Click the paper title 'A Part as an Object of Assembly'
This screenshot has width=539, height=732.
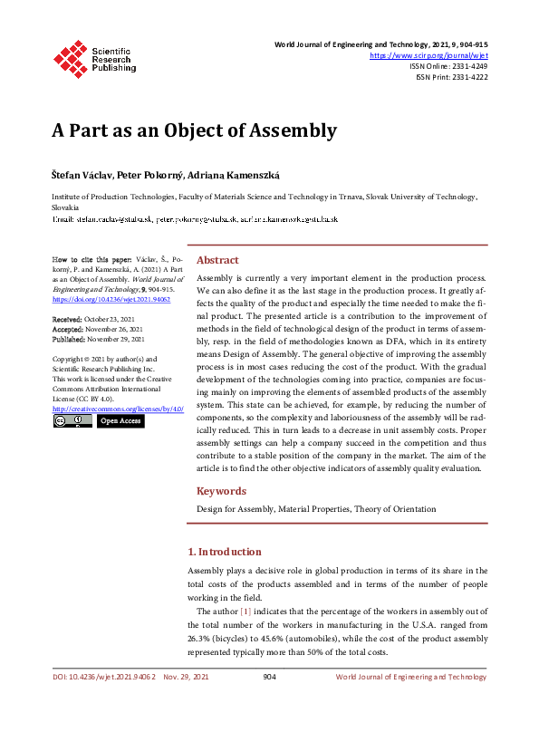[193, 130]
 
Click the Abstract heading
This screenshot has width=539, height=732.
[217, 234]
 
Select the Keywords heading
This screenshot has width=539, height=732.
[222, 491]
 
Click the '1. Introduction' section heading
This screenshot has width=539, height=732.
[224, 552]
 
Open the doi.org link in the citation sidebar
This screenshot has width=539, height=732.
[101, 298]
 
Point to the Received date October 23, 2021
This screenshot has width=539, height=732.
[107, 320]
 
